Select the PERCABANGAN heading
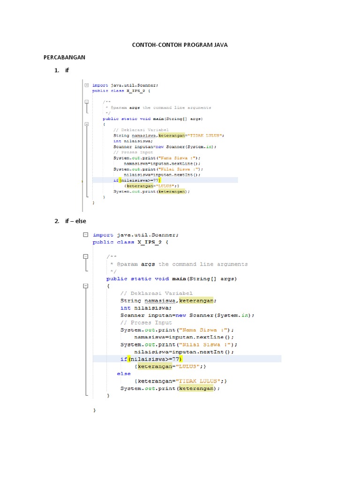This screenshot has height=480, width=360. pyautogui.click(x=64, y=57)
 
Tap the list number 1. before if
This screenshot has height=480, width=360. pyautogui.click(x=57, y=70)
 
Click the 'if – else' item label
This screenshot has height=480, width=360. pyautogui.click(x=75, y=221)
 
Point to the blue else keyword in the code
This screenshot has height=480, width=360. pyautogui.click(x=124, y=374)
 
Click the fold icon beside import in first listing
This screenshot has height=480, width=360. pyautogui.click(x=86, y=85)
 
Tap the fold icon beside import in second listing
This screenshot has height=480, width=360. pyautogui.click(x=85, y=234)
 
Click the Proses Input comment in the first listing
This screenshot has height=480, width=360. pyautogui.click(x=134, y=152)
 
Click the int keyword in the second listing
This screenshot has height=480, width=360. pyautogui.click(x=125, y=308)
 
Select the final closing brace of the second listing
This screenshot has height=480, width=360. pyautogui.click(x=95, y=410)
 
